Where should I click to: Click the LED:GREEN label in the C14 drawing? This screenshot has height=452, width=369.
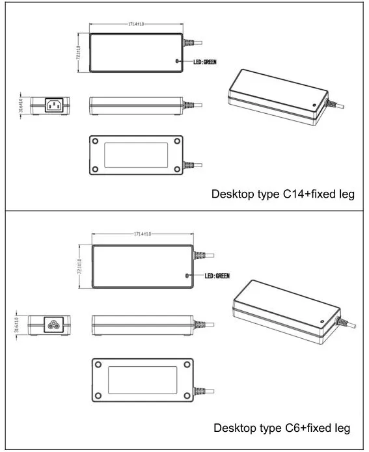point(205,62)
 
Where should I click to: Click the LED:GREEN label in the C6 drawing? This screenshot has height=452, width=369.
point(217,276)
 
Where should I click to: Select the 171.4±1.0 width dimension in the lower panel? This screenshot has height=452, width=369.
point(143,233)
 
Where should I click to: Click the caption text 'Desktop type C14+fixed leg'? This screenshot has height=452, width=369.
point(282,194)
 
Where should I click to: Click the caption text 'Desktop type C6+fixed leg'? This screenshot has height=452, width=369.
point(282,429)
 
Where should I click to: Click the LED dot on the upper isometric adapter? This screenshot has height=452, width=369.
point(315,104)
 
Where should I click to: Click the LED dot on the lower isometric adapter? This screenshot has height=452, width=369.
point(321,320)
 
